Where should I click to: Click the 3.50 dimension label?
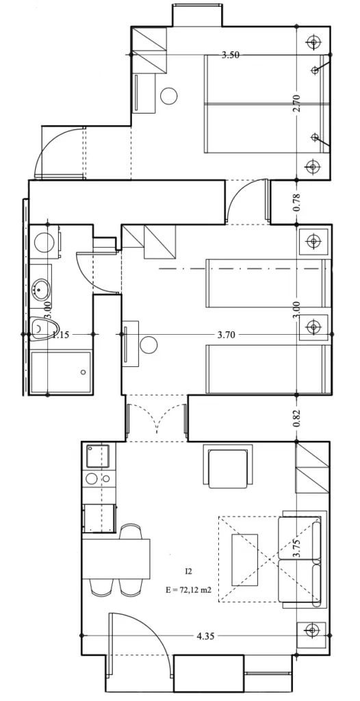pos(231,55)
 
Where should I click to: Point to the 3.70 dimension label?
pos(227,334)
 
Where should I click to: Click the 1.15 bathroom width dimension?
pos(61,334)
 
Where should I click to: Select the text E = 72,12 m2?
pos(188,589)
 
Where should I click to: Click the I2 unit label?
pos(189,571)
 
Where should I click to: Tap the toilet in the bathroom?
pos(44,329)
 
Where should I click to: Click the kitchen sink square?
pos(98,455)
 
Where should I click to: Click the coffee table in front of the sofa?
pos(244,559)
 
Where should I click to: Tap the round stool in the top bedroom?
pos(168,96)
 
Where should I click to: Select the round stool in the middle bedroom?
pos(148,346)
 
